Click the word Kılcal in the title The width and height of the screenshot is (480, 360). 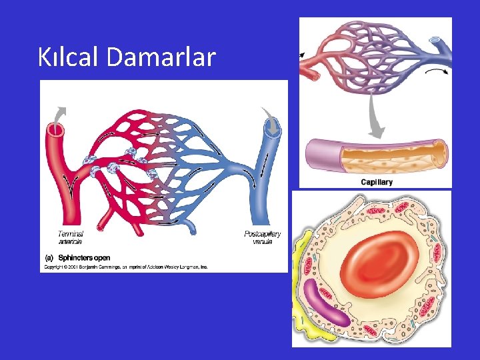69,57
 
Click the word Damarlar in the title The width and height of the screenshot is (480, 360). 161,57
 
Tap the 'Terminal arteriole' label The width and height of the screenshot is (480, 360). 71,237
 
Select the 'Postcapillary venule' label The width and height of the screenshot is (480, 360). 263,237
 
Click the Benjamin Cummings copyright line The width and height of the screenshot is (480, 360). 126,267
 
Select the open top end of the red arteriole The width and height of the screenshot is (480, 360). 55,129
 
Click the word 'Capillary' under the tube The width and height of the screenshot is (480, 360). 377,182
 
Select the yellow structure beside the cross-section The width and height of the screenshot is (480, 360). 301,280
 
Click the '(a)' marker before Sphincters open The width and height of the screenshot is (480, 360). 49,257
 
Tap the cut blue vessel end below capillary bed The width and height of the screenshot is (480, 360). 191,231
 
